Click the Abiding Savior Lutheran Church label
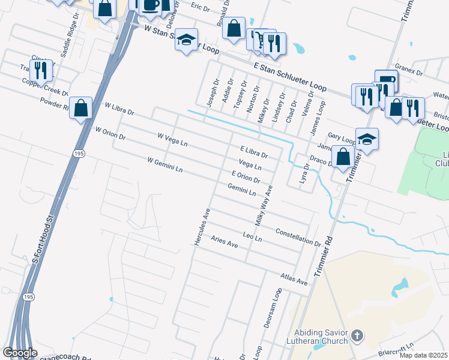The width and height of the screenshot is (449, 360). pyautogui.click(x=321, y=337)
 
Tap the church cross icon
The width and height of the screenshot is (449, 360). pyautogui.click(x=357, y=337)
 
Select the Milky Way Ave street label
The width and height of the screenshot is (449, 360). pyautogui.click(x=264, y=205)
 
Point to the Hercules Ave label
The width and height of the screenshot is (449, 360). pyautogui.click(x=200, y=226)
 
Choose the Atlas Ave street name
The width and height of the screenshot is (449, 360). pyautogui.click(x=294, y=278)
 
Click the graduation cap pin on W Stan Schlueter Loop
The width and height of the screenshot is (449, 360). pyautogui.click(x=187, y=40)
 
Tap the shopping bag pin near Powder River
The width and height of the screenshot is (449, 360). pyautogui.click(x=81, y=108)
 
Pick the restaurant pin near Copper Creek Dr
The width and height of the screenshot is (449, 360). pyautogui.click(x=41, y=70)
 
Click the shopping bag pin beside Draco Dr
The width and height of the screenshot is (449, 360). pyautogui.click(x=343, y=156)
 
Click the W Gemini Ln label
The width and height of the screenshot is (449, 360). pyautogui.click(x=164, y=165)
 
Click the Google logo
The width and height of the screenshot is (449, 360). pyautogui.click(x=20, y=353)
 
